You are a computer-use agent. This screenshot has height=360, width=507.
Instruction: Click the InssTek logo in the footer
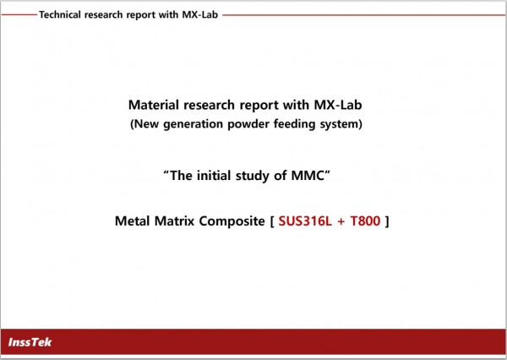point(30,342)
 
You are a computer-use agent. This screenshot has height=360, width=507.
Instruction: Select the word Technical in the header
point(60,14)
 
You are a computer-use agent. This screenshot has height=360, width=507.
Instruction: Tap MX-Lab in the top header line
point(200,14)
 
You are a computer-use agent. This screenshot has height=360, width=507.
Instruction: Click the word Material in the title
point(154,105)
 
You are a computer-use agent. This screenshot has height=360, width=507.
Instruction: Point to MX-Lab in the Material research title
point(338,105)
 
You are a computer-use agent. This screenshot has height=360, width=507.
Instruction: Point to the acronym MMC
point(308,176)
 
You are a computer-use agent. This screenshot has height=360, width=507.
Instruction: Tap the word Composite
point(232,221)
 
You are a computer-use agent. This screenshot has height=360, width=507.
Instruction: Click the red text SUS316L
point(305,221)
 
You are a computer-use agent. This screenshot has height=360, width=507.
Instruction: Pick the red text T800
point(365,221)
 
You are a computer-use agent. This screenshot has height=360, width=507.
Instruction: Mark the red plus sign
point(341,221)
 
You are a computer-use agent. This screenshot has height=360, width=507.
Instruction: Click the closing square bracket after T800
point(387,221)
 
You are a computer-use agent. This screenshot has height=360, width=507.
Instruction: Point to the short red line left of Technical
point(19,14)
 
